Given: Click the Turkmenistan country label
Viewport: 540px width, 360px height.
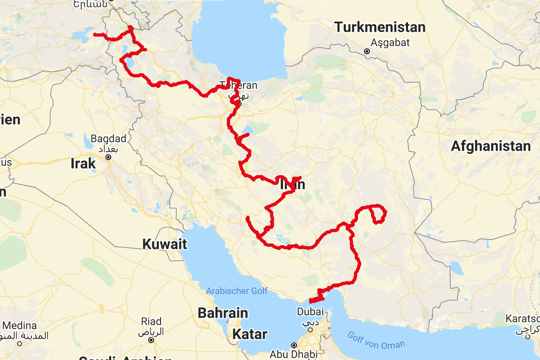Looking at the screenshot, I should [380, 28].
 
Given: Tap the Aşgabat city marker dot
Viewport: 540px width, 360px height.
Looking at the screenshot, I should [367, 51].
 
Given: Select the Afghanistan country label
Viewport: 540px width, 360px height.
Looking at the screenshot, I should [491, 146].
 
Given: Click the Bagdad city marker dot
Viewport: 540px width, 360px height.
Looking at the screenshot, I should [108, 157].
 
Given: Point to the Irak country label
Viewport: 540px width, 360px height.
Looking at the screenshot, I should [83, 164].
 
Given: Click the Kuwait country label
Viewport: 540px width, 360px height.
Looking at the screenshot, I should [165, 244].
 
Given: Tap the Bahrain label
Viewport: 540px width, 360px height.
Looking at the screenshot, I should [223, 313].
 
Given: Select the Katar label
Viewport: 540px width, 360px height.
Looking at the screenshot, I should [250, 334].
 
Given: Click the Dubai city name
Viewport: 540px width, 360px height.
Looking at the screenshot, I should [310, 312].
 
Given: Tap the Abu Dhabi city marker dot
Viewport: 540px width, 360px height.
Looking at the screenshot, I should [294, 345].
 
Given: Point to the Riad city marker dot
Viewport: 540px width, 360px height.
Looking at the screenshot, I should [151, 340].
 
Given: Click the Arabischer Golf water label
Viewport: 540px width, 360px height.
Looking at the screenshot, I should [237, 291].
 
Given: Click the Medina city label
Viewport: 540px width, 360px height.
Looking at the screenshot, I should [19, 326].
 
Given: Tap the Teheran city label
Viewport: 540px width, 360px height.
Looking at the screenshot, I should [239, 86].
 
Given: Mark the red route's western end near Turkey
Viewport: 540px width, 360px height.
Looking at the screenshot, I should [95, 35].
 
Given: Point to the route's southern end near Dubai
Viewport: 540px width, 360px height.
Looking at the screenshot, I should [311, 301].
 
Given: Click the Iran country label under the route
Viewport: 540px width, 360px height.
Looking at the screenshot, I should [292, 185].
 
